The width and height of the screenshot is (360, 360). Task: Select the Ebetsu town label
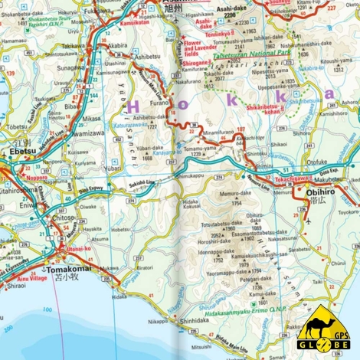coord(21,152)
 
